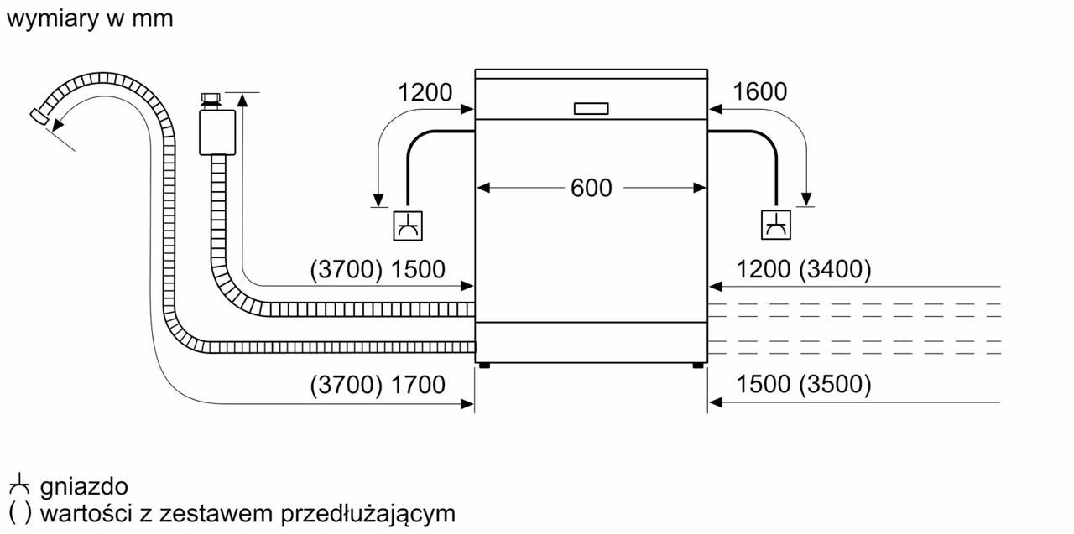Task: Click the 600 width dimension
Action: (592, 189)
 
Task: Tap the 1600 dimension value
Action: (759, 91)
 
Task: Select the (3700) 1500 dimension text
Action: (377, 270)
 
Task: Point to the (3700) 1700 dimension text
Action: (377, 385)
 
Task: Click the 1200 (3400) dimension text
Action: (804, 270)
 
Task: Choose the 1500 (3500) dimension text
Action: (804, 385)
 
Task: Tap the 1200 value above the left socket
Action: (425, 91)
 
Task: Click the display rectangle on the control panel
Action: (592, 108)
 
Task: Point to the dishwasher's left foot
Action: (484, 366)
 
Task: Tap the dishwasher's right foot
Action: (698, 366)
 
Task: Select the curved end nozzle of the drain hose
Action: (39, 117)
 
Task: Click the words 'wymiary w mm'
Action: (89, 18)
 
